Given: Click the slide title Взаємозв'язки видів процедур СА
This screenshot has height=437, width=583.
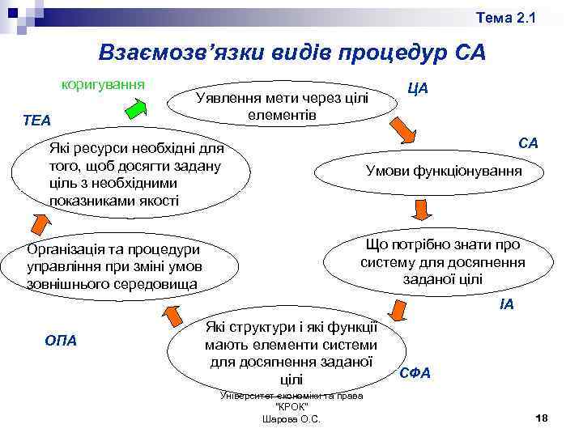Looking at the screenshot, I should click(x=291, y=53).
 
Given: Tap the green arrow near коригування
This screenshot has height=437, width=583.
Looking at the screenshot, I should click(x=136, y=109).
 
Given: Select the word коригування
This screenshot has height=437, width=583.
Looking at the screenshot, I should click(x=103, y=83).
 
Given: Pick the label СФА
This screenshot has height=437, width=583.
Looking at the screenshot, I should click(x=415, y=374).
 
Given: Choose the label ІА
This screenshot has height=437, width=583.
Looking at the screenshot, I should click(x=506, y=305).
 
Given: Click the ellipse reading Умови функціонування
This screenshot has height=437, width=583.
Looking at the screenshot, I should click(x=444, y=172).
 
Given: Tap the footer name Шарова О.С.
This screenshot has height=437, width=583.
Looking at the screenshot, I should click(x=291, y=418).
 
